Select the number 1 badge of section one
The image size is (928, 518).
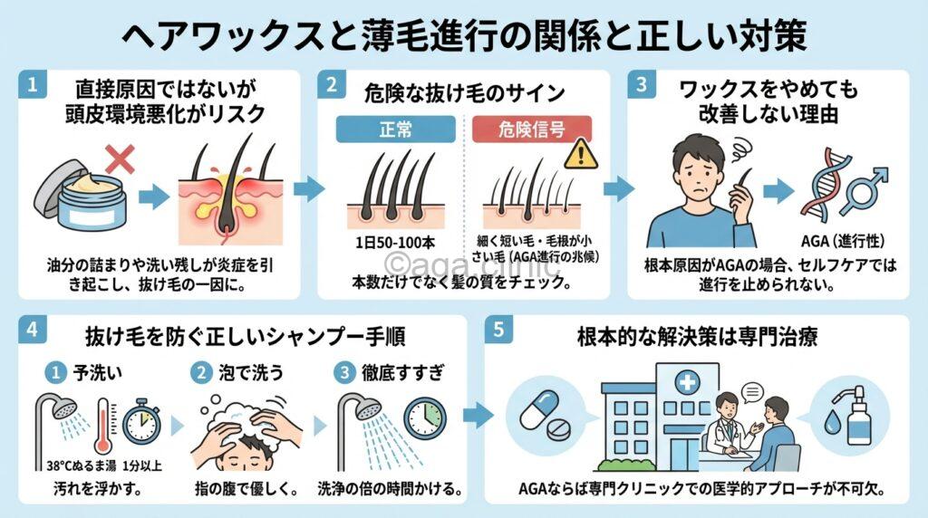(33, 87)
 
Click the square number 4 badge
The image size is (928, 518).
(33, 330)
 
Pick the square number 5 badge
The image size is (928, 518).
(498, 330)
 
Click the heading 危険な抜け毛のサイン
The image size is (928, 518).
(464, 91)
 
